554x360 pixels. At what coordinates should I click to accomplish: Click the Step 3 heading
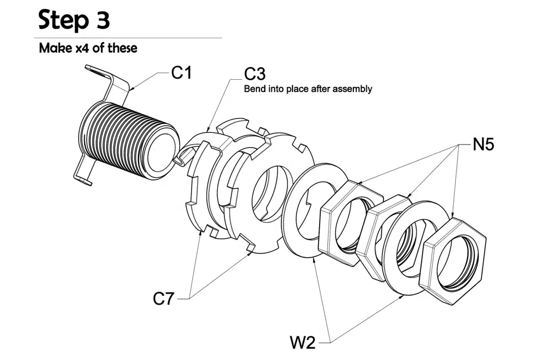click(x=74, y=20)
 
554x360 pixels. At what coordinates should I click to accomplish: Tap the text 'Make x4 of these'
click(x=88, y=48)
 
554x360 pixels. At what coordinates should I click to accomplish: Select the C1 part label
click(x=181, y=73)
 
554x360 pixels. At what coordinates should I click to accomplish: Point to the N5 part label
click(x=483, y=145)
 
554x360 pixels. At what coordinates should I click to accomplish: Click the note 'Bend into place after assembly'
click(x=308, y=89)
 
